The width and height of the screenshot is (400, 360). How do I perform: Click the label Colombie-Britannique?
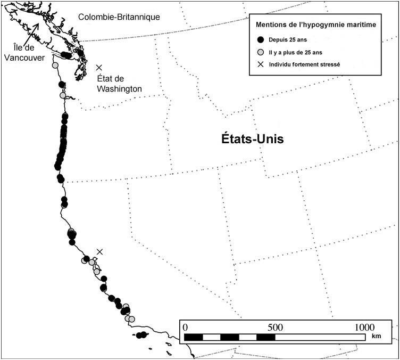[119, 18]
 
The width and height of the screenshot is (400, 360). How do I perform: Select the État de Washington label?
[120, 84]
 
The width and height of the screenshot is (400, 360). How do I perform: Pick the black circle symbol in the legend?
[260, 40]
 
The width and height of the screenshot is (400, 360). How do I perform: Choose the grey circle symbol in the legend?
[260, 52]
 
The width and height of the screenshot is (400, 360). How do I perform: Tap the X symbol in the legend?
[260, 64]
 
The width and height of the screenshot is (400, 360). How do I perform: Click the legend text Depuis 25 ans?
[286, 40]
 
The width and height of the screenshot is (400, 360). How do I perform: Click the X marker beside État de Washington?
[99, 68]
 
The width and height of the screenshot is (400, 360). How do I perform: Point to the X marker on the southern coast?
[99, 251]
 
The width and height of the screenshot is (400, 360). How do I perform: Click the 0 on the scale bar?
[185, 326]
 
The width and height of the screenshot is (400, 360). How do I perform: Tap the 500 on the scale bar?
[275, 326]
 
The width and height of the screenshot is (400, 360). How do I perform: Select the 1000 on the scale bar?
[364, 326]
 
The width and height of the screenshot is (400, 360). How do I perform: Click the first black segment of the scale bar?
[194, 337]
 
